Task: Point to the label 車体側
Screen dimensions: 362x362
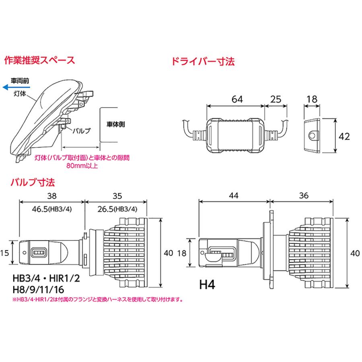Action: (x=116, y=124)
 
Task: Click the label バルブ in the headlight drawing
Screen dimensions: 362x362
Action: (x=82, y=131)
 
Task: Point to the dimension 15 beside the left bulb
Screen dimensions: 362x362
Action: (x=5, y=253)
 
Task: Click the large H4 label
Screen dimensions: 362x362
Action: (x=209, y=285)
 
